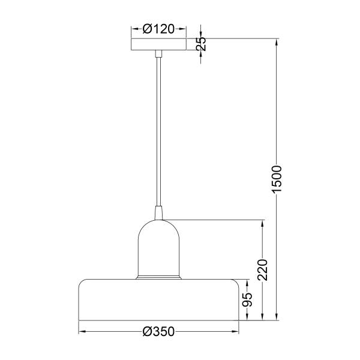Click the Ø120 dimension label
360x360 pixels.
[x=158, y=29]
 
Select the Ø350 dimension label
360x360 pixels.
[x=158, y=332]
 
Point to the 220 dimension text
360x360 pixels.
[x=262, y=269]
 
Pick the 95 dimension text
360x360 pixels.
[x=247, y=299]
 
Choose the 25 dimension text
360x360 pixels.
[x=201, y=44]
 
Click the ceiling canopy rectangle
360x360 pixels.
[x=158, y=44]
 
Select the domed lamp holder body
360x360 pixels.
[x=158, y=248]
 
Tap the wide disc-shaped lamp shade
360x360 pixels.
[x=158, y=300]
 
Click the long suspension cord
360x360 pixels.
[x=158, y=131]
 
